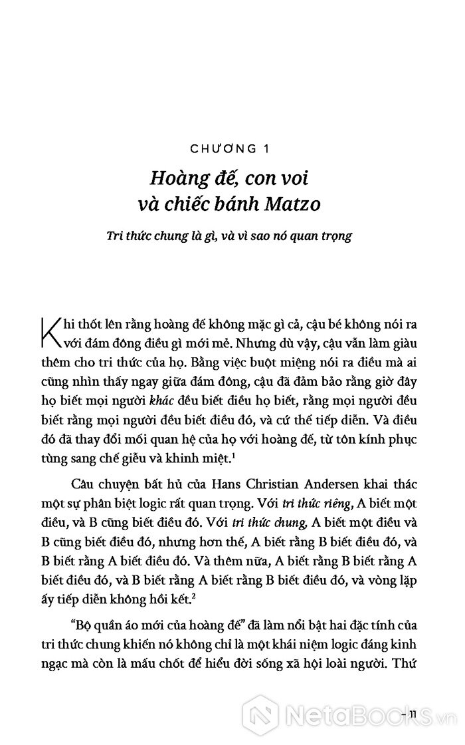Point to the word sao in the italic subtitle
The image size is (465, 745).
tap(290, 235)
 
